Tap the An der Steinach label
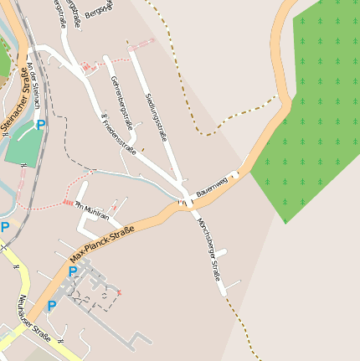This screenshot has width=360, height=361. click(33, 84)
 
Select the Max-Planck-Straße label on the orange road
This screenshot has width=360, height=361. click(102, 241)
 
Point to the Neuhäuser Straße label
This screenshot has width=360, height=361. click(32, 321)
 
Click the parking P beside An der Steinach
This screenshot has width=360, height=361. click(41, 125)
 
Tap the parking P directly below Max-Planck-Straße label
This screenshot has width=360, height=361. click(72, 271)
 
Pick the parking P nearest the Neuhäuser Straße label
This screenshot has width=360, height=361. click(51, 306)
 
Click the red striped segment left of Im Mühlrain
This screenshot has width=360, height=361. click(68, 202)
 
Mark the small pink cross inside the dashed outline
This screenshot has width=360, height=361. click(119, 291)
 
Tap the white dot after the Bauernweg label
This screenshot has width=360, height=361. click(234, 175)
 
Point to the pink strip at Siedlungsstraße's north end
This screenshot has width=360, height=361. click(143, 41)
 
